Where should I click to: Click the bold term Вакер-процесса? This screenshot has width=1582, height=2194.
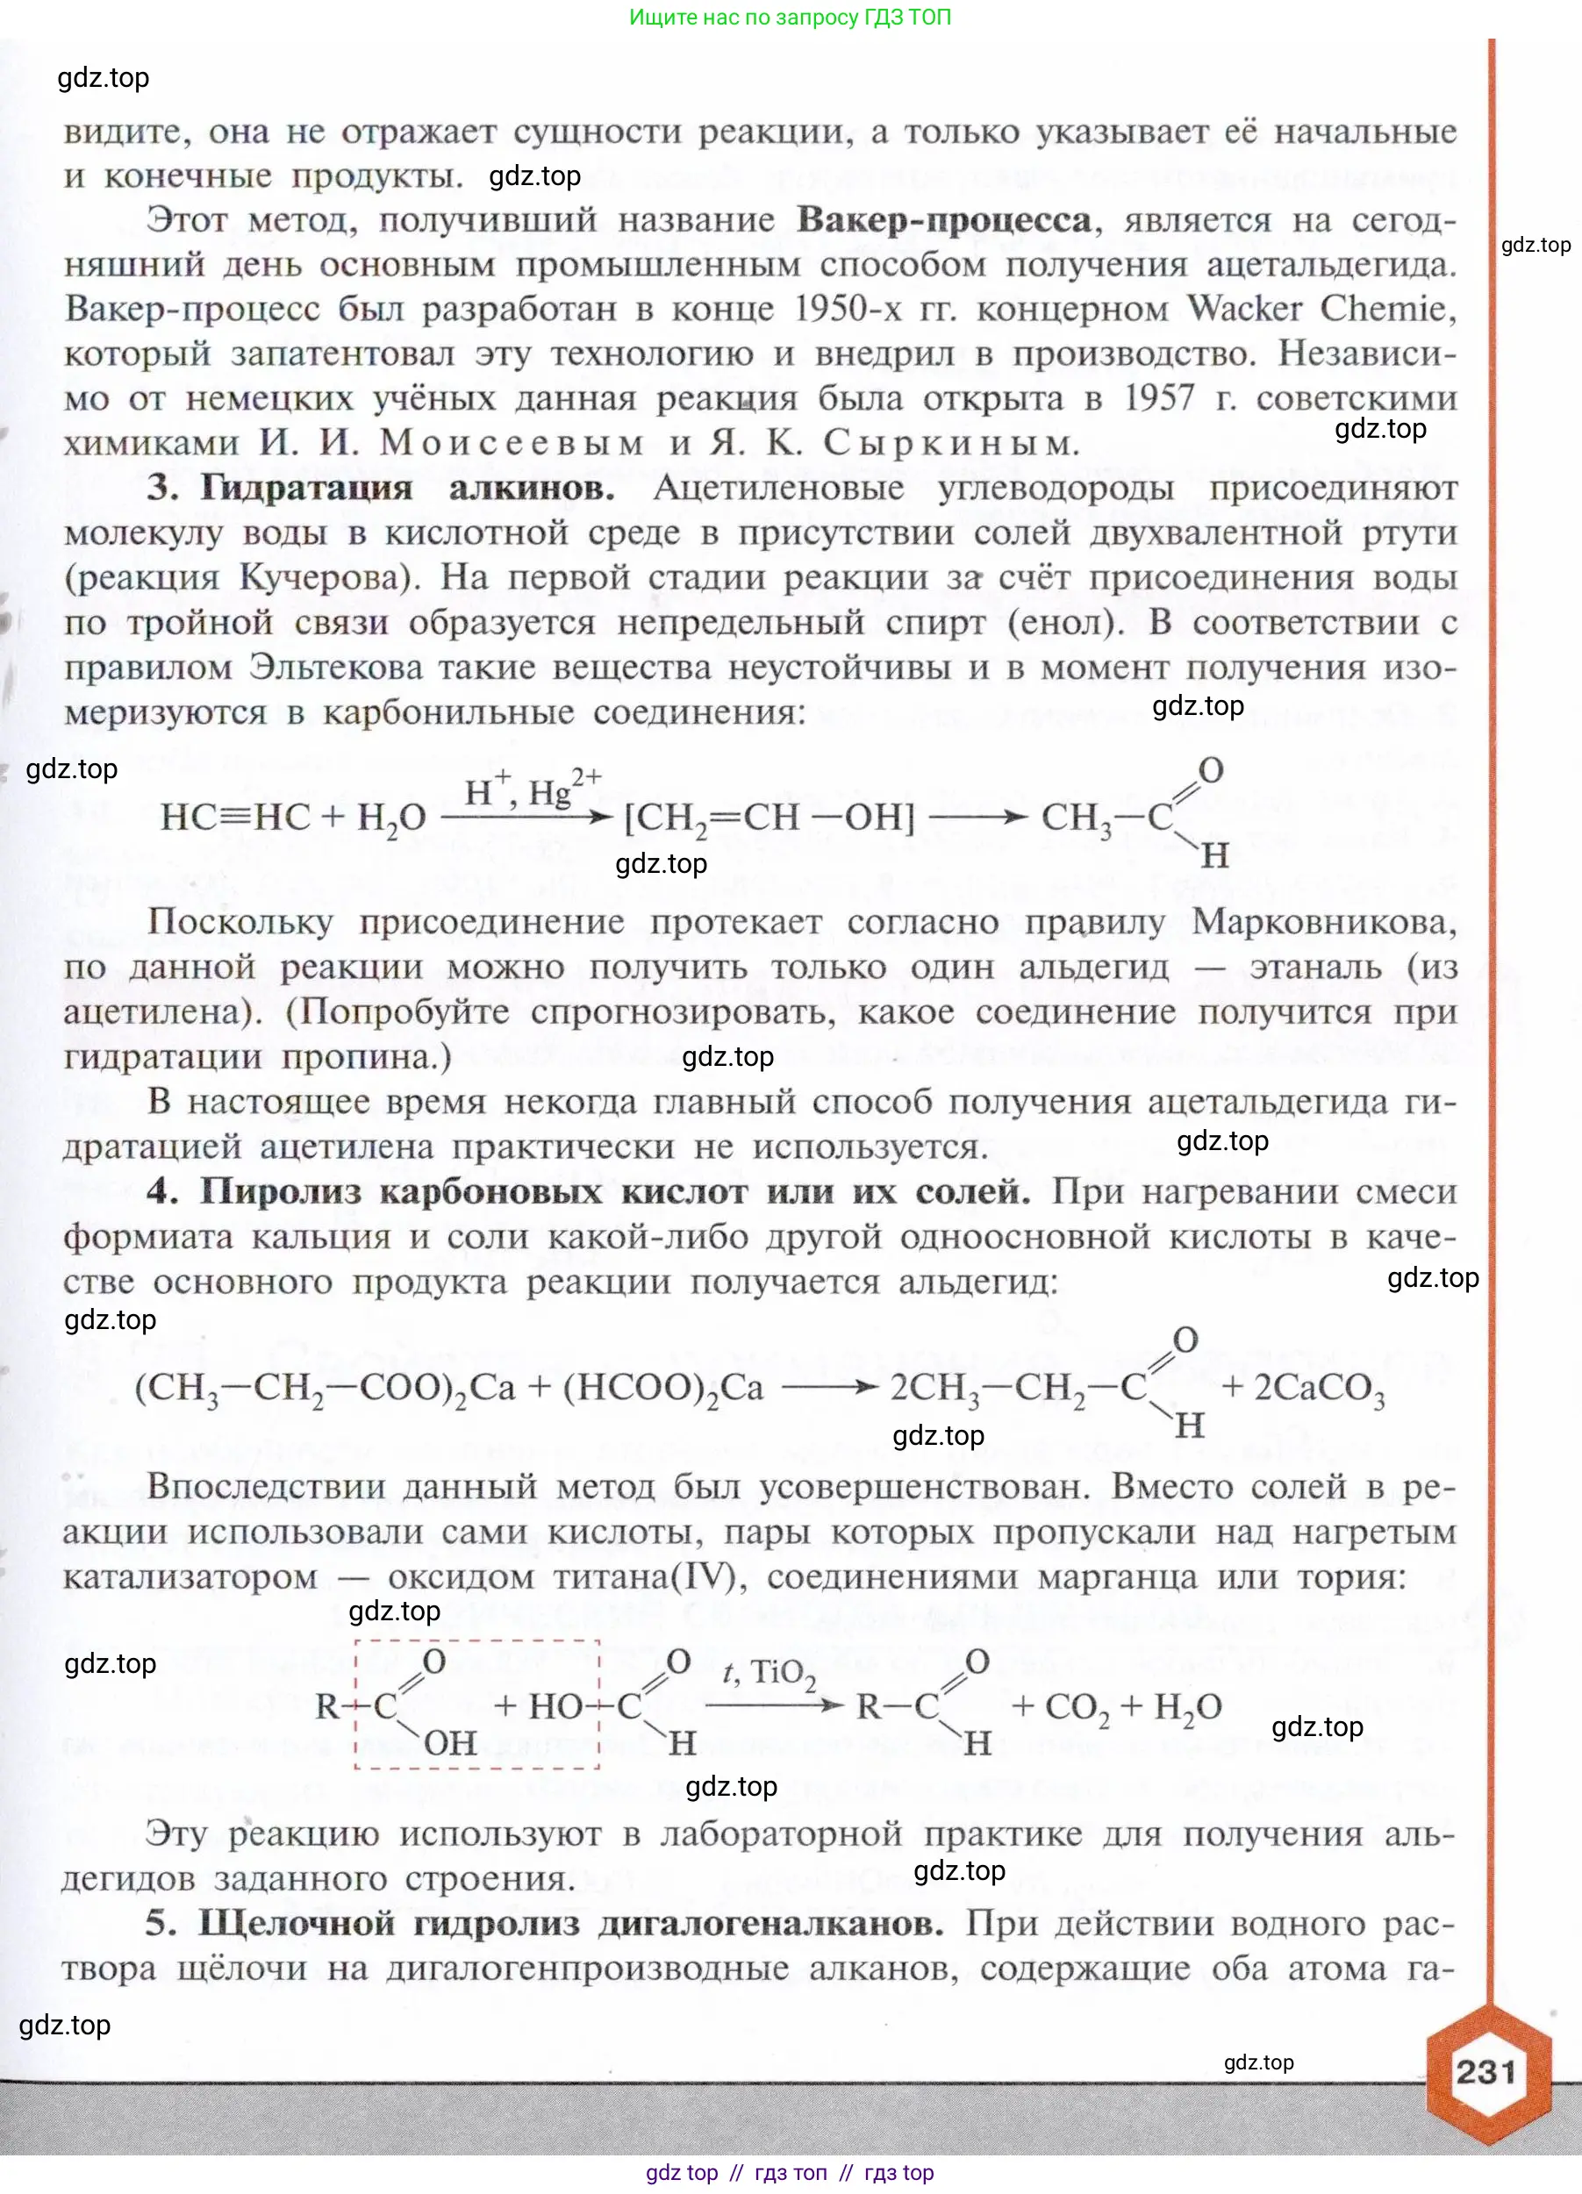944,220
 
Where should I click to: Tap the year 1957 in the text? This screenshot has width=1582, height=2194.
1159,397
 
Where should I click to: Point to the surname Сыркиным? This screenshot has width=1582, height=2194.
951,443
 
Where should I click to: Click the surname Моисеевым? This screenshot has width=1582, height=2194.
512,443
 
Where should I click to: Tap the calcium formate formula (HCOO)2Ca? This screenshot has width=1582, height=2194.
662,1388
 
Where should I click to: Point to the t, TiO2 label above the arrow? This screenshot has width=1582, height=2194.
770,1673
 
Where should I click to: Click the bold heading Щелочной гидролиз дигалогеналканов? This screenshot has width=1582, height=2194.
570,1923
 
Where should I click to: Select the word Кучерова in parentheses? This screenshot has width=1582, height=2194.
323,577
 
